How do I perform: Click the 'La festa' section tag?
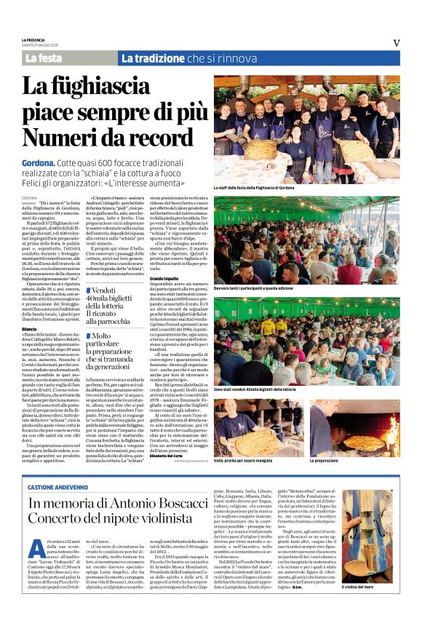[43, 58]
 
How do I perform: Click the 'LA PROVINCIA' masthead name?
[33, 39]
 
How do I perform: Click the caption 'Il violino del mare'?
[378, 607]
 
